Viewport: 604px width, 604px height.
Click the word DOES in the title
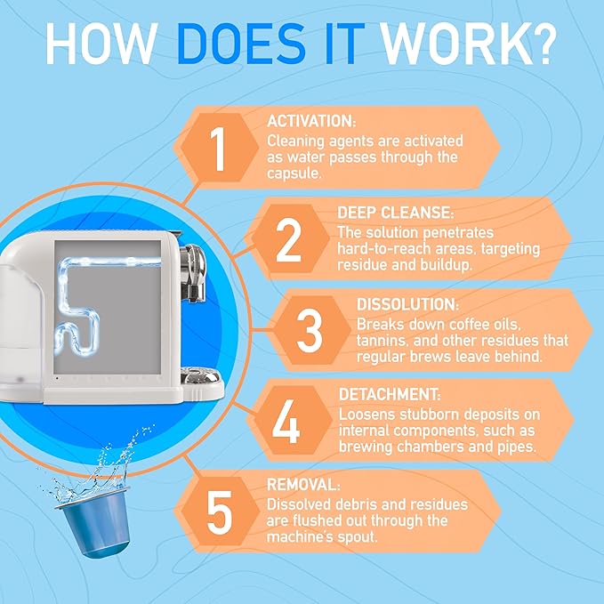pos(242,44)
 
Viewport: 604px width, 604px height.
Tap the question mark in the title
pos(540,44)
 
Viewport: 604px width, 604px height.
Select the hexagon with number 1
pos(219,148)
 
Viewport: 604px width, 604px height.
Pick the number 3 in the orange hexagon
pos(310,331)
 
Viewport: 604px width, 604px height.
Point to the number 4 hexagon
pos(292,421)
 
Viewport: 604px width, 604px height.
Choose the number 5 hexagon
pos(220,511)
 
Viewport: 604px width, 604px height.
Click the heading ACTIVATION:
pos(311,121)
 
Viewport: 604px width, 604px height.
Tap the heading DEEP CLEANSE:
pos(396,213)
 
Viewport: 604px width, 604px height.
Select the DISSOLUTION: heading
pos(407,304)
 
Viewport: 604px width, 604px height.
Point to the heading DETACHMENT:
pos(390,394)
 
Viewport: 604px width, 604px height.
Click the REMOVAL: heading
pos(303,485)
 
